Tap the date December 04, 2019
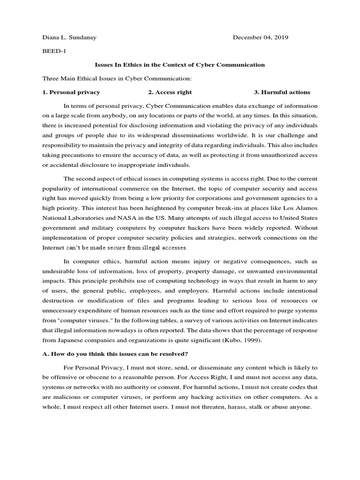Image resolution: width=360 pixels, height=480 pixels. click(261, 37)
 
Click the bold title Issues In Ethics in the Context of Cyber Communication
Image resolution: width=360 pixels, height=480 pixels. click(180, 65)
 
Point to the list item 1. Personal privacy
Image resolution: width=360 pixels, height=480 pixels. click(71, 92)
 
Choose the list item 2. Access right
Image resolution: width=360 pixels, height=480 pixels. click(170, 92)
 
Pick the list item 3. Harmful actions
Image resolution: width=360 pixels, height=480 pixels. click(282, 92)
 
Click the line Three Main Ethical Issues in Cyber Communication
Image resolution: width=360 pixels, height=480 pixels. click(117, 78)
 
